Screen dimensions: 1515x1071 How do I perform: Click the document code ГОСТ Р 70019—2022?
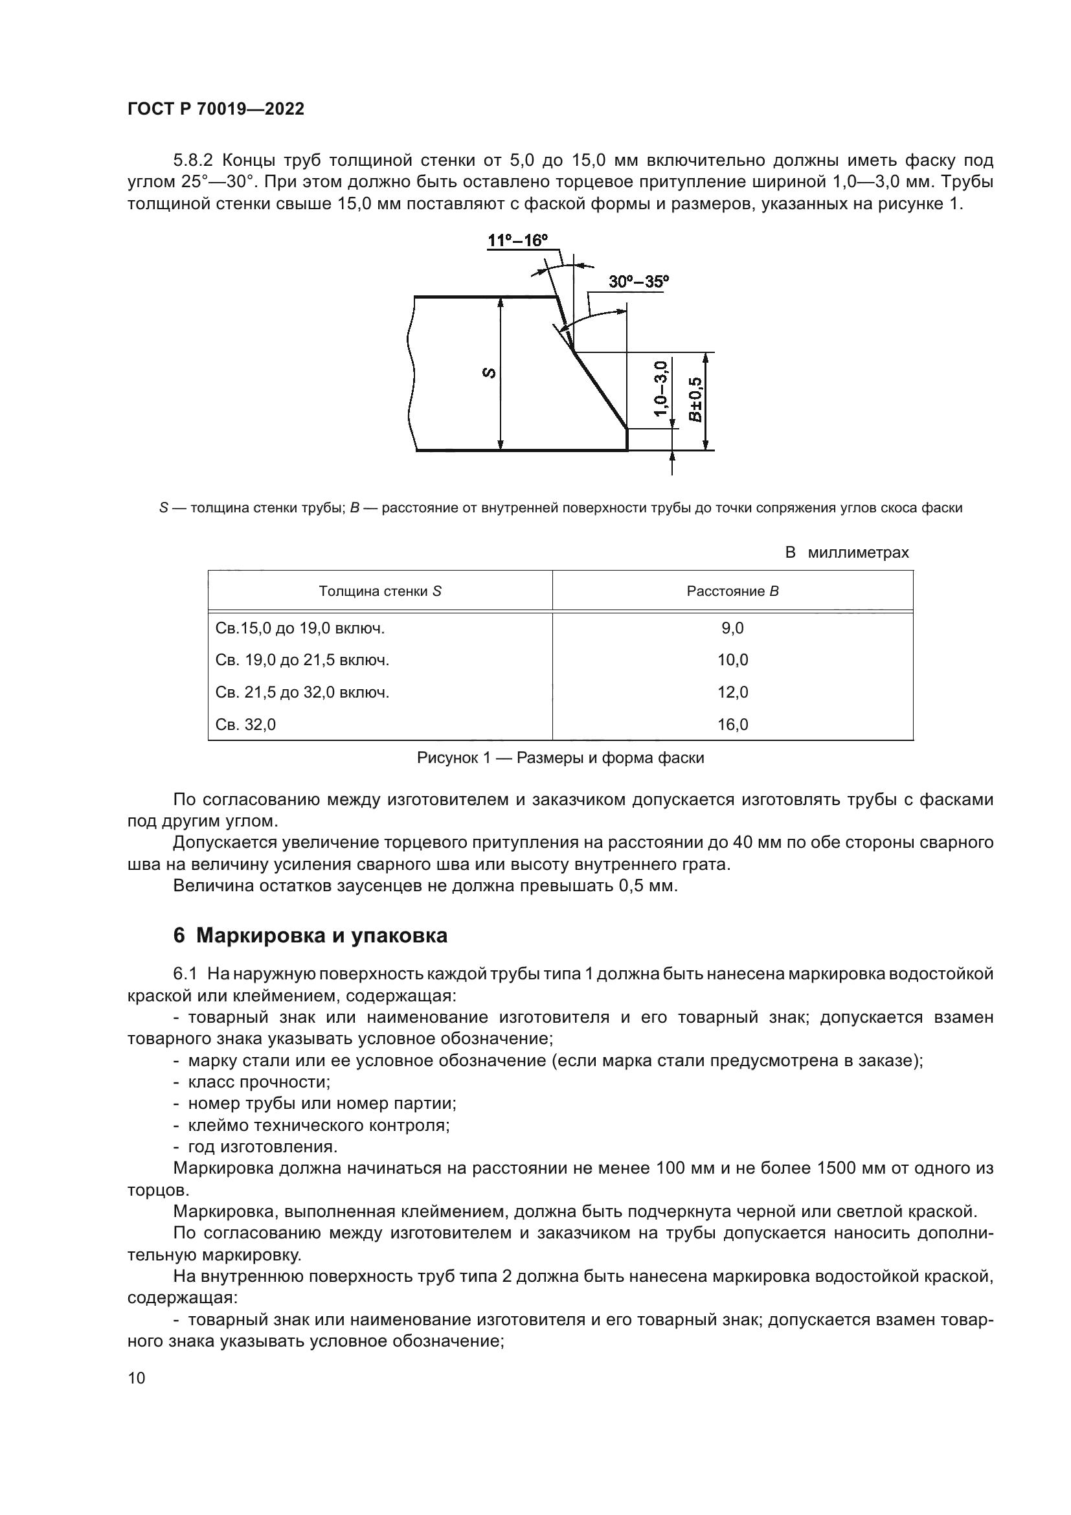click(216, 109)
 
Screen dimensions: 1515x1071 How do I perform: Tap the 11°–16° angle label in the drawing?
click(518, 240)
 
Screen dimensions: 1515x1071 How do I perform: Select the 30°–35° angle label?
click(638, 282)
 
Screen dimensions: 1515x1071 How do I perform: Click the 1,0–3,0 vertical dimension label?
click(662, 389)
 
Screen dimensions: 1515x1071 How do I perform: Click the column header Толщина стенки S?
click(380, 591)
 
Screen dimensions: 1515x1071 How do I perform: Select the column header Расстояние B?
click(732, 591)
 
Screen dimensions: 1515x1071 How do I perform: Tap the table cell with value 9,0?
click(732, 628)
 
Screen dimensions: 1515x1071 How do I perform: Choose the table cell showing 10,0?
click(732, 661)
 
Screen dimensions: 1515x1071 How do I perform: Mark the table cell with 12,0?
click(732, 693)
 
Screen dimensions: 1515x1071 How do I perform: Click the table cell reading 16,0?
click(732, 725)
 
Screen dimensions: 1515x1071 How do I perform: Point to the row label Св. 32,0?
click(245, 725)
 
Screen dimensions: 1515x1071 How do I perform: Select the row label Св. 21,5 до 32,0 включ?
click(302, 693)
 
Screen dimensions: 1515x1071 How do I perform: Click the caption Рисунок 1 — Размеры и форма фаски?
click(560, 758)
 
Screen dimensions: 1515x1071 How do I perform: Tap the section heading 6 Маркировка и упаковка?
click(310, 936)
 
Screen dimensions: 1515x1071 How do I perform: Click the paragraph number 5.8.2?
click(193, 161)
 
